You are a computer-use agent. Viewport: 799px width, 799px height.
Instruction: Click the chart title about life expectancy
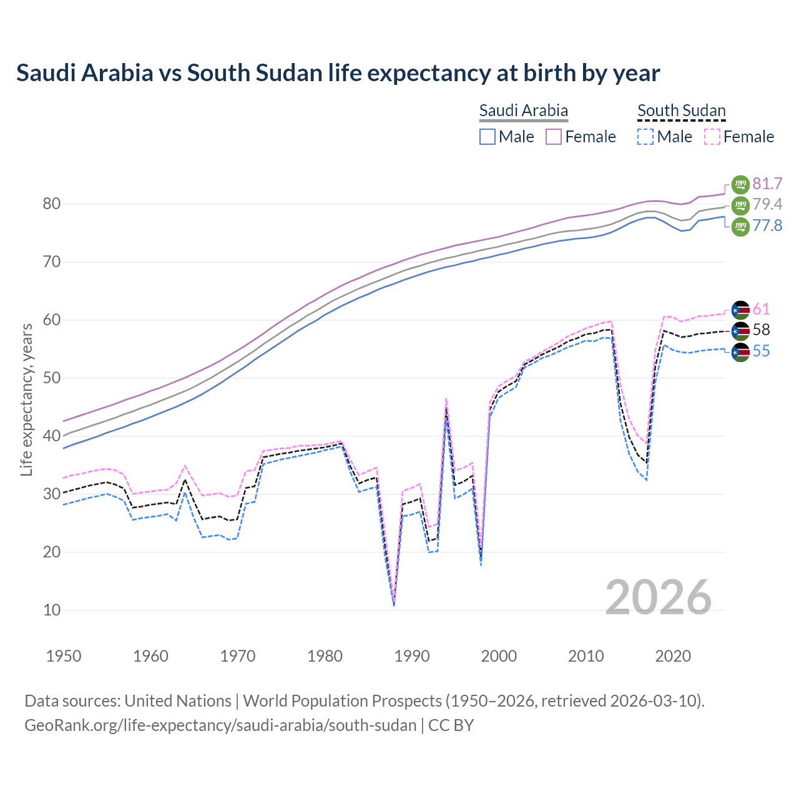click(x=338, y=73)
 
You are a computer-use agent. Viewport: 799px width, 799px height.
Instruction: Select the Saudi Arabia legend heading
click(x=523, y=110)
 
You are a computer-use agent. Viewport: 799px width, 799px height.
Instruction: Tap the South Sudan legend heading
click(x=681, y=110)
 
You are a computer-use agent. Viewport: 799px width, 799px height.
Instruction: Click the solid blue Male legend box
click(x=488, y=137)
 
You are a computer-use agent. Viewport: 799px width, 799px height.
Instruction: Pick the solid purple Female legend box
click(x=554, y=137)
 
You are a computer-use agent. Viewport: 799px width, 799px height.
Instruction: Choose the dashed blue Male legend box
click(x=645, y=137)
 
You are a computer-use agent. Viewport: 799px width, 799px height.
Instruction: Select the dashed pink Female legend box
click(x=712, y=137)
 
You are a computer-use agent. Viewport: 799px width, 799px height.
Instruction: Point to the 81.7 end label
click(x=767, y=184)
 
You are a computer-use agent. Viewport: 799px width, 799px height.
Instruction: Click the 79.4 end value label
click(x=767, y=204)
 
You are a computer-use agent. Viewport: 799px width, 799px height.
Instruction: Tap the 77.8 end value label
click(x=767, y=225)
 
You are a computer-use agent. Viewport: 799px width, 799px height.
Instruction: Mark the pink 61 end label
click(x=761, y=309)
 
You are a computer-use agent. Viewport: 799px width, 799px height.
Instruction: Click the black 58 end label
click(x=761, y=330)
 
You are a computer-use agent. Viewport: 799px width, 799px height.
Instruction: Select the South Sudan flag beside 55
click(x=740, y=351)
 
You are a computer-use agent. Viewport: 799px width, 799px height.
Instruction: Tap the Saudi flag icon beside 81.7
click(x=740, y=184)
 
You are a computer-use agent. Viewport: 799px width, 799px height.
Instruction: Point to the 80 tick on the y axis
click(x=52, y=204)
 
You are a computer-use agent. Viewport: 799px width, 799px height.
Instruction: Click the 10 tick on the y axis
click(x=52, y=610)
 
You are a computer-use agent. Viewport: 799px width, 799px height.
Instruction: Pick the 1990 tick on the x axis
click(x=412, y=656)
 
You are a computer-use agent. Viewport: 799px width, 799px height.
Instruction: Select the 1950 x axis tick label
click(x=64, y=656)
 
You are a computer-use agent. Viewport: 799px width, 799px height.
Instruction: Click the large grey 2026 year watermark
click(x=658, y=597)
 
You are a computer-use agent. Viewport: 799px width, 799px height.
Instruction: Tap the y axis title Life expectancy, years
click(x=26, y=399)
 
